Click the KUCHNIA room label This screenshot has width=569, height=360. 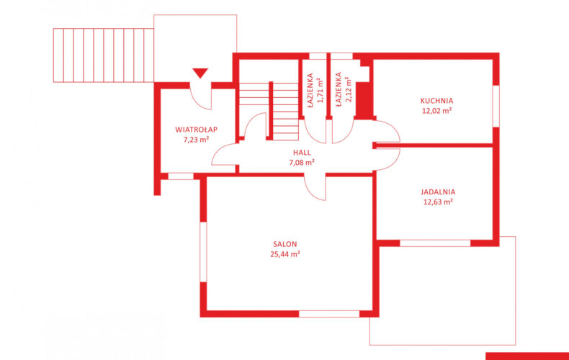(436, 101)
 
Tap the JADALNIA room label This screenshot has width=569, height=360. (438, 192)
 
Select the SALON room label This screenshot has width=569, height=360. (285, 244)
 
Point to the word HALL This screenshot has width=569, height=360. (302, 153)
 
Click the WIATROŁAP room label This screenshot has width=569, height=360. (197, 130)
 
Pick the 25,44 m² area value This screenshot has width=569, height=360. (285, 254)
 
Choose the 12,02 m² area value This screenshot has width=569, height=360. (437, 111)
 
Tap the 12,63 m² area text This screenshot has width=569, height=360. (438, 202)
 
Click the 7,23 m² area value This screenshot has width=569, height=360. (197, 140)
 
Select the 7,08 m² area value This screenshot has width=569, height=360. (302, 162)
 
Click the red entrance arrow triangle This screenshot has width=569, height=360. (200, 73)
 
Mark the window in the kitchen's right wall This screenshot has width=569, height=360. (496, 107)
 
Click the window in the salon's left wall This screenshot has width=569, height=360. (203, 252)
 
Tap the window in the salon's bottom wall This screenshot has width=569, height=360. (329, 314)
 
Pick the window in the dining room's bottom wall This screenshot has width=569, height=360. (435, 243)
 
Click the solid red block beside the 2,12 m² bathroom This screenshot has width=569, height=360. (364, 101)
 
